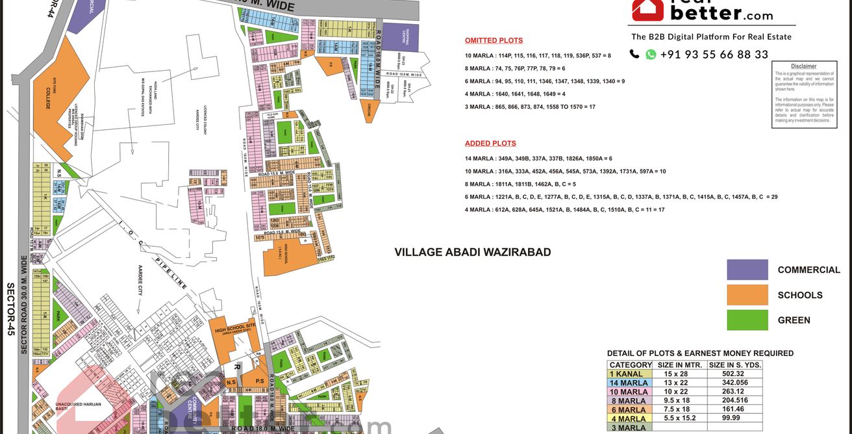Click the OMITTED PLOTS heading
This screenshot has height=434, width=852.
[494, 40]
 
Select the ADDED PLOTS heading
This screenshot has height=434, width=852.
[490, 144]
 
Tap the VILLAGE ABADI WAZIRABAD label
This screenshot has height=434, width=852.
[473, 252]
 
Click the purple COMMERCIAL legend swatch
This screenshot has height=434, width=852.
[747, 270]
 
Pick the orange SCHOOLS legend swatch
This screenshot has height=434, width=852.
[747, 295]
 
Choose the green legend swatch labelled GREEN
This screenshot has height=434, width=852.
[747, 320]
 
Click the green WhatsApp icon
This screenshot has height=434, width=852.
[651, 55]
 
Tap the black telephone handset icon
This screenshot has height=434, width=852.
[634, 55]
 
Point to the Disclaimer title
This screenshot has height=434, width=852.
[803, 66]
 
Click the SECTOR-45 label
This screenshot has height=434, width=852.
[10, 307]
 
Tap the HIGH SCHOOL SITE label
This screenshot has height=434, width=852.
[237, 331]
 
